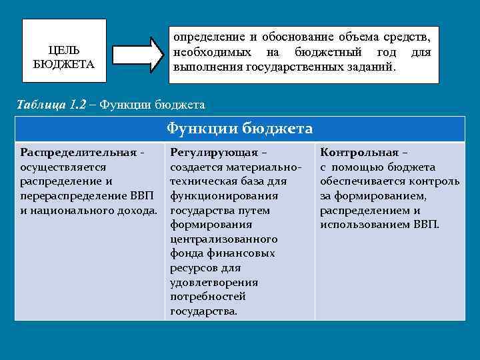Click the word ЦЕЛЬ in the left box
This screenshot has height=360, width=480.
tap(65, 50)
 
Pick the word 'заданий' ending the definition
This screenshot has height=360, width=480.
tap(374, 67)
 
